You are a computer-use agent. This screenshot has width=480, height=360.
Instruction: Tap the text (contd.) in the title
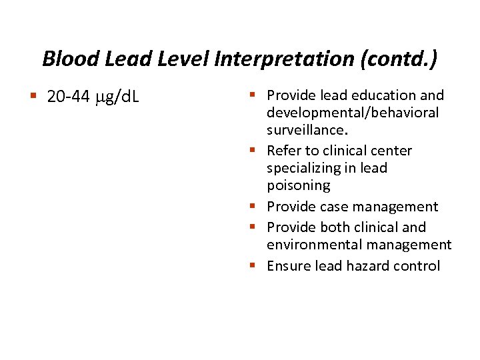click(x=399, y=59)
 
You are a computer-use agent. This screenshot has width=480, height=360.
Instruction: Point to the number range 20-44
click(x=69, y=97)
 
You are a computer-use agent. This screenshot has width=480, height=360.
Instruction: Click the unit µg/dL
click(x=117, y=98)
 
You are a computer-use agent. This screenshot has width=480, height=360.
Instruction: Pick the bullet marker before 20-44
click(x=33, y=97)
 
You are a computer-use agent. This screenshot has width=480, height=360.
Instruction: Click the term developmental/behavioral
click(x=353, y=113)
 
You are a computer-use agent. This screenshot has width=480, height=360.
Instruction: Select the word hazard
click(x=368, y=266)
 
